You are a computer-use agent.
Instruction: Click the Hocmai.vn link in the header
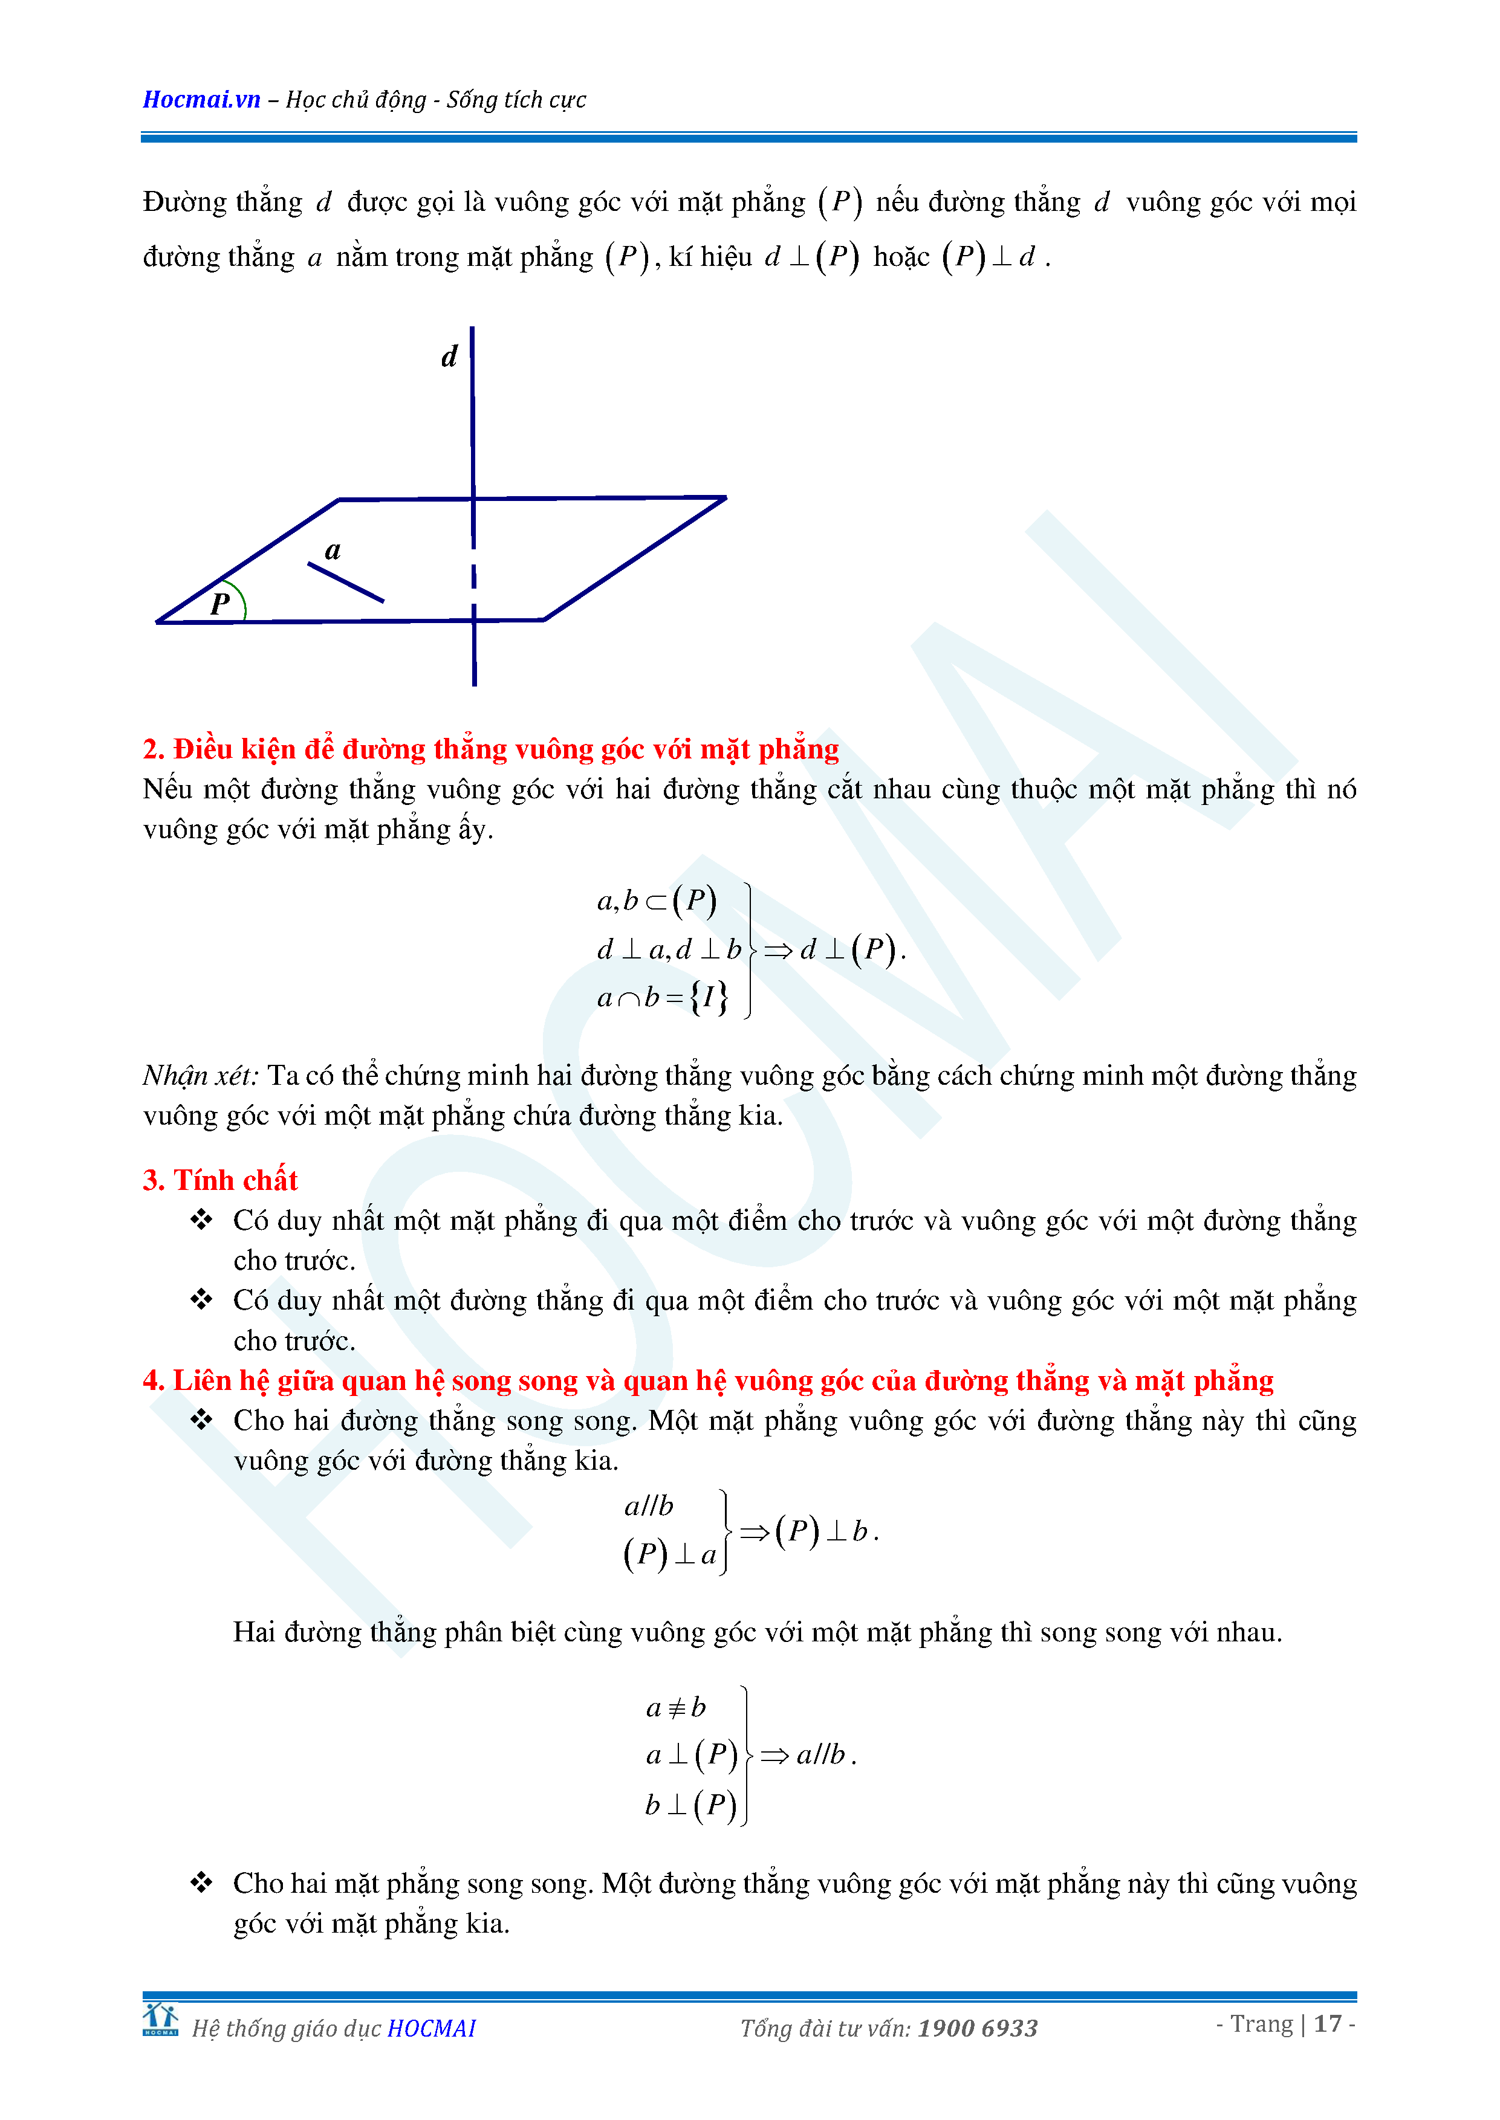coord(201,100)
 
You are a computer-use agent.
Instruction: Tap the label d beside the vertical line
coord(449,357)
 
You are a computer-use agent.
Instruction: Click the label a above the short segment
coord(333,551)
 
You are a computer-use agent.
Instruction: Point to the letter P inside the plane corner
coord(220,603)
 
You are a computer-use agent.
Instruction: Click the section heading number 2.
coord(152,749)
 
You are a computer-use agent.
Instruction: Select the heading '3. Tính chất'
coord(220,1180)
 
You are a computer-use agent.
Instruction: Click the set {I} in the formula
coord(709,997)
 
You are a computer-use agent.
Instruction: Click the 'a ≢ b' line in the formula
coord(675,1707)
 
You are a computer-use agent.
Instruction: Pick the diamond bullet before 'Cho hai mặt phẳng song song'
coord(201,1882)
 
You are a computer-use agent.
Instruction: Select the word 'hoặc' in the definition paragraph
coord(901,257)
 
